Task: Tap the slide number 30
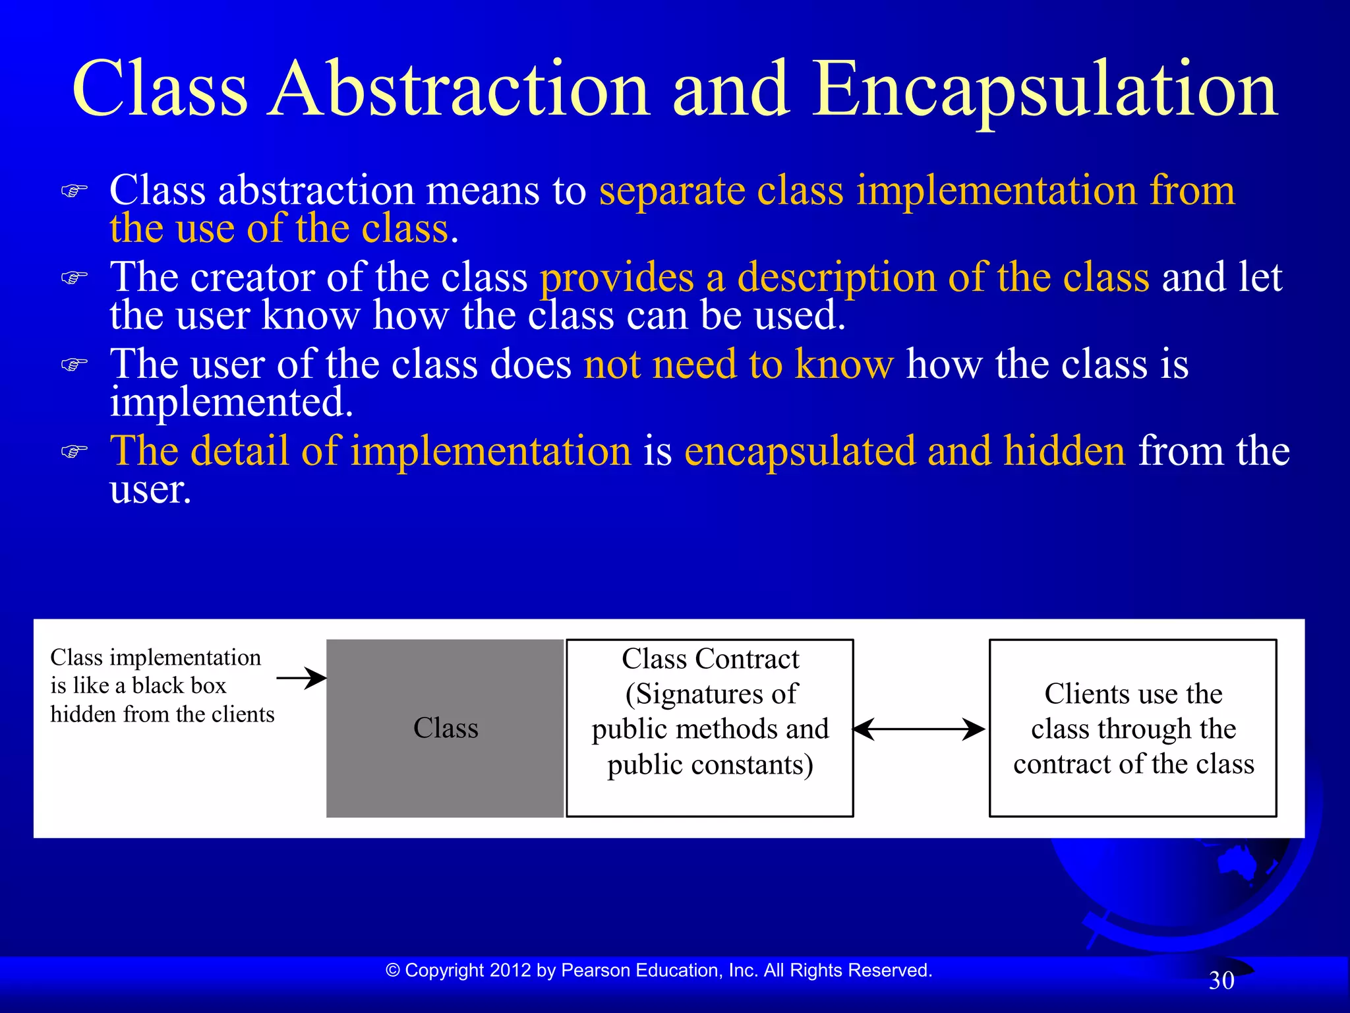[1221, 981]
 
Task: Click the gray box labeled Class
[445, 728]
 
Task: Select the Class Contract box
[710, 728]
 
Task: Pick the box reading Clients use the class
[1132, 728]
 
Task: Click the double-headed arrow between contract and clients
[919, 729]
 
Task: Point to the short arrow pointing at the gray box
[301, 677]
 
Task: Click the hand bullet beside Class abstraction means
[74, 191]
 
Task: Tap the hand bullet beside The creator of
[74, 278]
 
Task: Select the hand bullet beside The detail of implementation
[74, 452]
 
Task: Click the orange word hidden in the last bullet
[1065, 451]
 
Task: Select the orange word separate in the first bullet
[671, 191]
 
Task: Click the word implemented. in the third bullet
[231, 402]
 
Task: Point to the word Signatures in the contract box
[691, 694]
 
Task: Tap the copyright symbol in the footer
[393, 970]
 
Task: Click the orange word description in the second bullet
[836, 277]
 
